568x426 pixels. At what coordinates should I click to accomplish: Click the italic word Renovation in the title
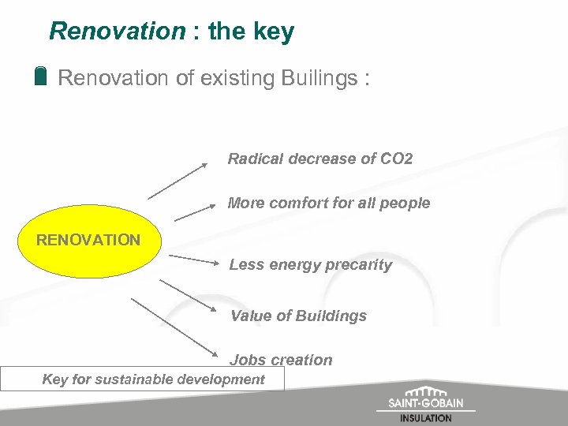click(x=116, y=32)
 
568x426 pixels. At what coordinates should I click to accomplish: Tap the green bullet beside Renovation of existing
click(x=41, y=77)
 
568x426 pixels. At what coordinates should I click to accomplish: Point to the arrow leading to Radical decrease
click(x=177, y=181)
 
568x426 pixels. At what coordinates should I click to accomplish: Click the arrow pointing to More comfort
click(x=195, y=211)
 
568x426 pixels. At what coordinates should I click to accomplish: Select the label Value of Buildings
click(x=298, y=316)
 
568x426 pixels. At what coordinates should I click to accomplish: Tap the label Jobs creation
click(x=281, y=360)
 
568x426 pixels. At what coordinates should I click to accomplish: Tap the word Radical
click(x=254, y=159)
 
